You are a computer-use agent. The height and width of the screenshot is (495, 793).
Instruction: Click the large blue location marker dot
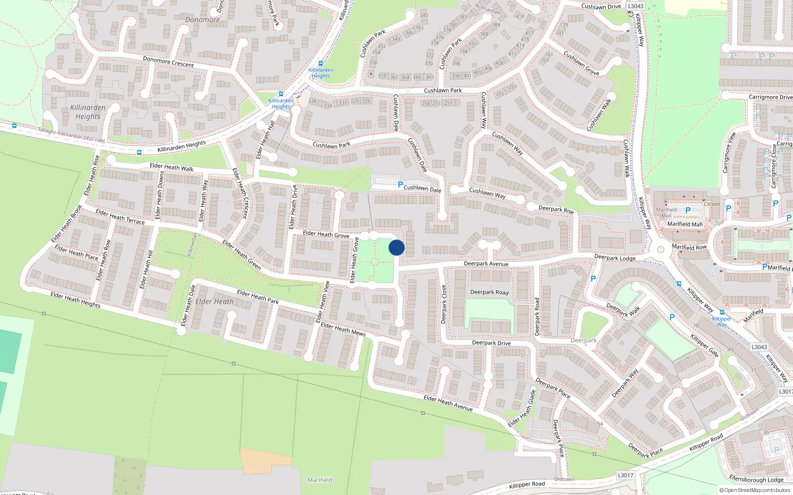[x=396, y=247]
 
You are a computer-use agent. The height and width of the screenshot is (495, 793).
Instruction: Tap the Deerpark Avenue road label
[x=486, y=264]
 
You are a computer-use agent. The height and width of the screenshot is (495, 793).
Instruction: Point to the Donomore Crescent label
[x=168, y=62]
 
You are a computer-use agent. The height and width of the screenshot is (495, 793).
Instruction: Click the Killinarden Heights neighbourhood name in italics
[x=88, y=112]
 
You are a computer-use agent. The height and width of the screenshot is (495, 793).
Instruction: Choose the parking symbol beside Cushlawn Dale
[x=400, y=185]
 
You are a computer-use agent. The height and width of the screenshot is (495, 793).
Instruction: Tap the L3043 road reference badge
[x=635, y=6]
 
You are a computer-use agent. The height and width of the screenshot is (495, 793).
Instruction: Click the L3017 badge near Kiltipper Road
[x=625, y=475]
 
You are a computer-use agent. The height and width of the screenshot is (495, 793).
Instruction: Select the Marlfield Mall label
[x=684, y=224]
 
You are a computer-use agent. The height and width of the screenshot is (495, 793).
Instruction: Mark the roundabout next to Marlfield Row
[x=661, y=250]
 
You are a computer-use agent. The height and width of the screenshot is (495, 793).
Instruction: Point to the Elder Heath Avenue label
[x=448, y=403]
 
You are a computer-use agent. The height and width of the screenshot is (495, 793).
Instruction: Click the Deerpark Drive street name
[x=491, y=343]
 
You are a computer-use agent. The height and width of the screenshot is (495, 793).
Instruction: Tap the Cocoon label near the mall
[x=712, y=204]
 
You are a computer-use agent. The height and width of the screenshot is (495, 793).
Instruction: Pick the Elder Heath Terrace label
[x=120, y=216]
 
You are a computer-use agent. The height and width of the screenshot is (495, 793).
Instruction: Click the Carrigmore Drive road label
[x=770, y=97]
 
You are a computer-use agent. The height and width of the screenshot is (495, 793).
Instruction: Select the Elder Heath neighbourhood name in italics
[x=214, y=301]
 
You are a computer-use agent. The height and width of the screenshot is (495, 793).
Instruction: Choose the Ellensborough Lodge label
[x=756, y=479]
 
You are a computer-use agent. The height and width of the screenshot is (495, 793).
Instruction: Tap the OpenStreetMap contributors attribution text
[x=756, y=491]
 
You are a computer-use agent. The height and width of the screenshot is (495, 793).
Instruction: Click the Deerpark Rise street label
[x=556, y=209]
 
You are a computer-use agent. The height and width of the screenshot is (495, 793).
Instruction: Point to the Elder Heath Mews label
[x=343, y=329]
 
